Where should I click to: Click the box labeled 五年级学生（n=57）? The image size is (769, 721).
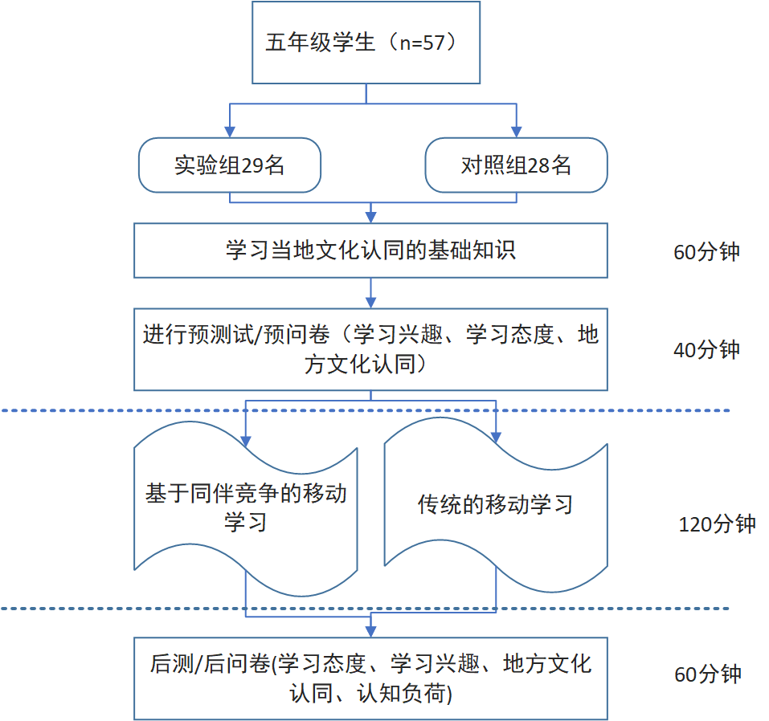[x=366, y=43]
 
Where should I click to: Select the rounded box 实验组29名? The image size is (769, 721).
[x=230, y=165]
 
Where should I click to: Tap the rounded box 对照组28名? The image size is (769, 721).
[x=516, y=165]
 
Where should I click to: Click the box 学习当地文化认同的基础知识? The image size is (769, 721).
[x=370, y=251]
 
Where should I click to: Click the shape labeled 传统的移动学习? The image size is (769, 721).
[x=495, y=504]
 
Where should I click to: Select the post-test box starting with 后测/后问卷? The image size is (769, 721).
[x=370, y=678]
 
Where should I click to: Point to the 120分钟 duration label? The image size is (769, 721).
[x=718, y=524]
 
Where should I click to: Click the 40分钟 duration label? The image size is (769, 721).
[x=707, y=350]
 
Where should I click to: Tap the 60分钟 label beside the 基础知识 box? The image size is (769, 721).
[x=707, y=252]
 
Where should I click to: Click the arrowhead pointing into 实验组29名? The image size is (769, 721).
[x=230, y=132]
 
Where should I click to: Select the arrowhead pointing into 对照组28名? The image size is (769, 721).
[x=516, y=132]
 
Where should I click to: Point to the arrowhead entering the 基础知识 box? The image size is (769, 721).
[x=370, y=217]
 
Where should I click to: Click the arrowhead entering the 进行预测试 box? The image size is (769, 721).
[x=370, y=303]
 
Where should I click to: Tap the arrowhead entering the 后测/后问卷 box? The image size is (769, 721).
[x=370, y=631]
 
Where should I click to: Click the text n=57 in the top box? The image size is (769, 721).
[x=423, y=42]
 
